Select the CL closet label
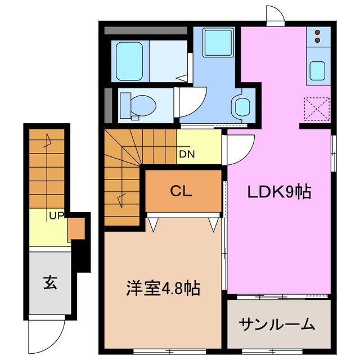tap(181, 191)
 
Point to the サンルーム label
tap(277, 325)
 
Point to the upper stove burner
tap(318, 32)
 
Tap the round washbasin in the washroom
tap(242, 105)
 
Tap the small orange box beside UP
tap(75, 229)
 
